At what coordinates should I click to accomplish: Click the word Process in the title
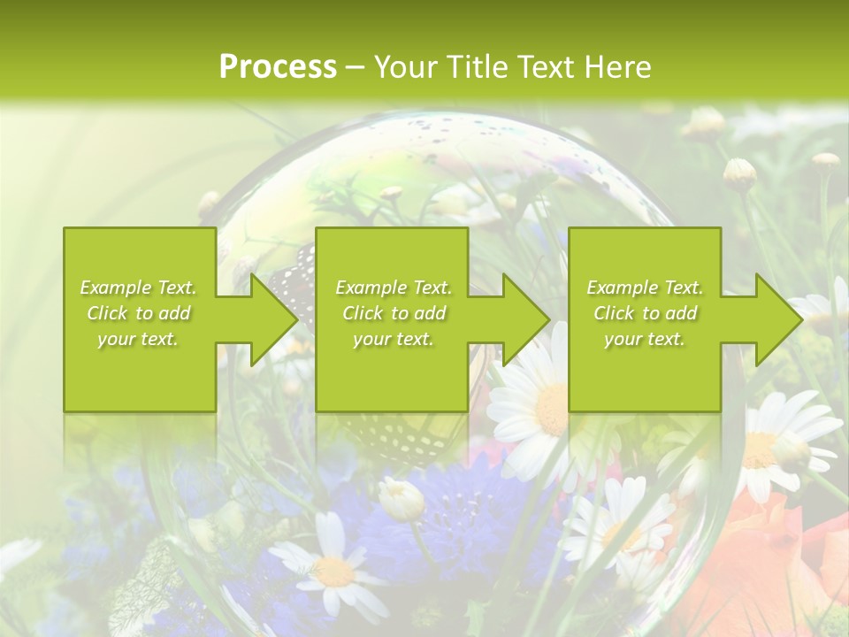[x=278, y=67]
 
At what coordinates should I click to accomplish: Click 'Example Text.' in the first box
[x=139, y=288]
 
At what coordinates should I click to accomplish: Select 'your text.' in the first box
[x=139, y=339]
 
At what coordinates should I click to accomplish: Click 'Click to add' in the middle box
[x=394, y=313]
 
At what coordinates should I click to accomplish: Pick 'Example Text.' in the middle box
[x=394, y=288]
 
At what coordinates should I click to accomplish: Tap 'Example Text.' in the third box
[x=645, y=288]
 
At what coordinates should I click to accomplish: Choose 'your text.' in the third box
[x=645, y=339]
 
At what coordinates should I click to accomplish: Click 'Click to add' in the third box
[x=645, y=313]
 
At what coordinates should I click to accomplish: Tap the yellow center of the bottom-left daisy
[x=334, y=571]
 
